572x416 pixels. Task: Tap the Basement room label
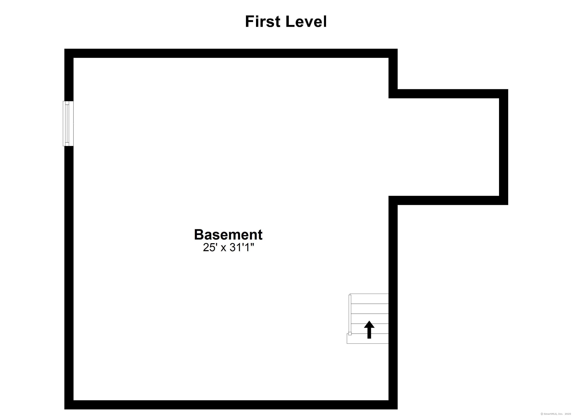[x=228, y=235]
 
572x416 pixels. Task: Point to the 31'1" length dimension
[x=241, y=248]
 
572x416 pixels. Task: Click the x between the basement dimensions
[x=223, y=248]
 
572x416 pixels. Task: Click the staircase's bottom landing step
[x=368, y=339]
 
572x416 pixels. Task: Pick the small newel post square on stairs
[x=350, y=334]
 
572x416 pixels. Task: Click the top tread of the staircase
[x=369, y=299]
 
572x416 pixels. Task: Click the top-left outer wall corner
[x=69, y=53]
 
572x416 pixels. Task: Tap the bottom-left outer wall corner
[x=69, y=405]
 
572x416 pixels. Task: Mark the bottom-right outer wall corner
[x=393, y=405]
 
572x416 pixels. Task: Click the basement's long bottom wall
[x=231, y=405]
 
